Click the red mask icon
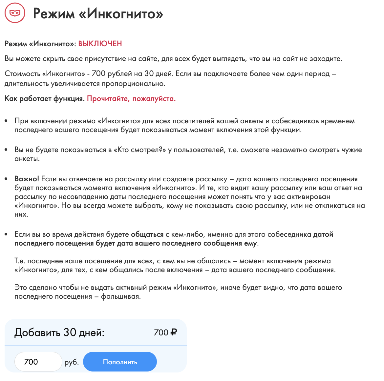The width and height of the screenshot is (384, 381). [15, 13]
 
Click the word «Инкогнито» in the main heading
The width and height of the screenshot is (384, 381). [121, 13]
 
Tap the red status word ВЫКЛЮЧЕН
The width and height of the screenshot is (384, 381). [100, 44]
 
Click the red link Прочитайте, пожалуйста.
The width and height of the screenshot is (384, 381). [131, 99]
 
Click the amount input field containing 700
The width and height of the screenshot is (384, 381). [38, 362]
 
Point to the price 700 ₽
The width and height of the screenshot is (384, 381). [165, 332]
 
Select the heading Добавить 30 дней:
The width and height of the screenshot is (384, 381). [59, 332]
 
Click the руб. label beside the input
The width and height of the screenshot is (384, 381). [72, 362]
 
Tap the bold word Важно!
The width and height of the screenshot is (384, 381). [27, 179]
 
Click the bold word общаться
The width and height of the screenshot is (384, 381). [147, 234]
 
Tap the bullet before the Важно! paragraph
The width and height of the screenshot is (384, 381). [6, 179]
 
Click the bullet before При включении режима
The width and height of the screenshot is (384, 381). [6, 121]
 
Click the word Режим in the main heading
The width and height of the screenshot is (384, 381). [54, 13]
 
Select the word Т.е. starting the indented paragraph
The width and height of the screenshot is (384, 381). [20, 261]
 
